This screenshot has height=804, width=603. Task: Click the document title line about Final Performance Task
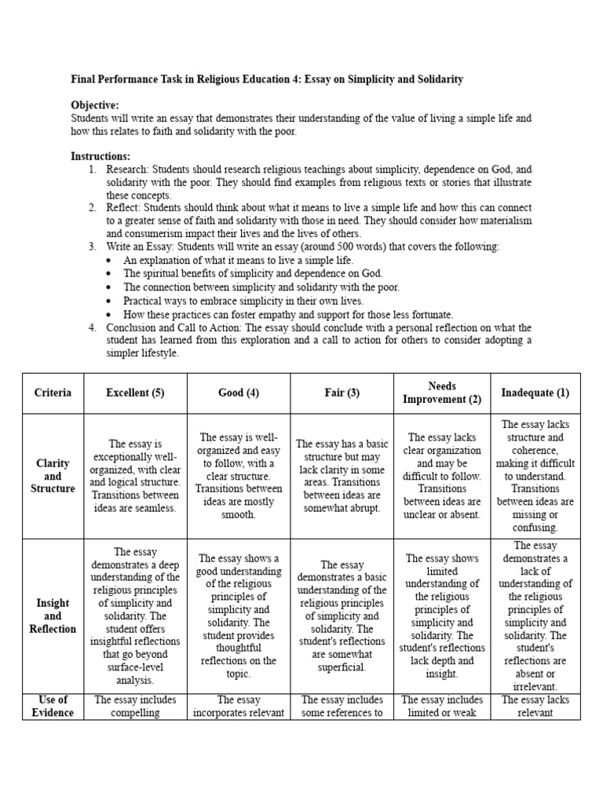pyautogui.click(x=267, y=79)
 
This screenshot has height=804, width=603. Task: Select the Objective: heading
pyautogui.click(x=95, y=105)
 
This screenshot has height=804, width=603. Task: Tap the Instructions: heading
pyautogui.click(x=100, y=156)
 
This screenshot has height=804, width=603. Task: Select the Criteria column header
pyautogui.click(x=53, y=393)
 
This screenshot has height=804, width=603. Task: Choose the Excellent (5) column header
pyautogui.click(x=135, y=393)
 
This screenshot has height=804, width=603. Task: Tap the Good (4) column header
pyautogui.click(x=239, y=393)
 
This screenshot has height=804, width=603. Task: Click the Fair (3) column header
pyautogui.click(x=342, y=393)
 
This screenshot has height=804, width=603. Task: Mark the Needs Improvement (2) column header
pyautogui.click(x=442, y=393)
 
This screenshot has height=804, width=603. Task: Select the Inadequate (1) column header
pyautogui.click(x=535, y=393)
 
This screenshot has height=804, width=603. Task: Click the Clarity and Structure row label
pyautogui.click(x=53, y=476)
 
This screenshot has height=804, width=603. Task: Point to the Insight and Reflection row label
pyautogui.click(x=53, y=616)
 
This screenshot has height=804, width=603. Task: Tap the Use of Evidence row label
pyautogui.click(x=53, y=706)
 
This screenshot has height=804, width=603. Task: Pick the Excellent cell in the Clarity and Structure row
pyautogui.click(x=135, y=476)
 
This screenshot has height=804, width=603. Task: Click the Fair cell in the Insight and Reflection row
pyautogui.click(x=342, y=616)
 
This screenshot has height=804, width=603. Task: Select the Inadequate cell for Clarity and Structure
pyautogui.click(x=535, y=476)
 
